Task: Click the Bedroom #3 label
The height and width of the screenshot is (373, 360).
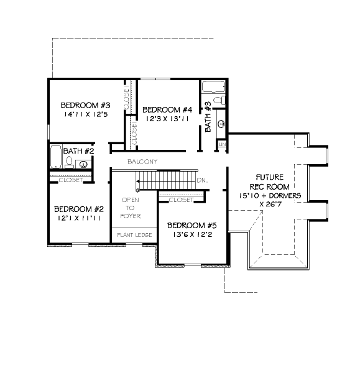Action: click(85, 106)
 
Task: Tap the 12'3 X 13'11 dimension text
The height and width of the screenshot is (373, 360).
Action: click(167, 119)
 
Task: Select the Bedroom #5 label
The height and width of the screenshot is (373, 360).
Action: click(192, 226)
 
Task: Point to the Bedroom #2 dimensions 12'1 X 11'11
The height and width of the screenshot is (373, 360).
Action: click(79, 218)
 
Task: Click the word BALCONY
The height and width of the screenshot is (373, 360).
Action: click(142, 162)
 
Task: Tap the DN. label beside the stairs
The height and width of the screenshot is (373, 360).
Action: click(202, 180)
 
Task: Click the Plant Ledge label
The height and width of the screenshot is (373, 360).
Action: click(134, 235)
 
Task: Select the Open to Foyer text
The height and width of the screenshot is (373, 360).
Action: click(131, 208)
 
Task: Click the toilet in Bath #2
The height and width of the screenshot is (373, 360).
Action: click(69, 162)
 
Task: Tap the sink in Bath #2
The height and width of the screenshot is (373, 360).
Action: click(83, 164)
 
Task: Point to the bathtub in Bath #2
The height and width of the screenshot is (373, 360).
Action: click(56, 157)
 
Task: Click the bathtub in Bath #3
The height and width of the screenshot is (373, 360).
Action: click(213, 86)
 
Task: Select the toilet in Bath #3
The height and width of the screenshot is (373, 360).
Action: click(219, 100)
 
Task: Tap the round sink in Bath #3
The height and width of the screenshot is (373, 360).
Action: click(221, 124)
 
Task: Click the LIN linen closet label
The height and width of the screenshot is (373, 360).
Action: click(222, 144)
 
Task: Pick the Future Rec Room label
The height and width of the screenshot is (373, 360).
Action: click(270, 182)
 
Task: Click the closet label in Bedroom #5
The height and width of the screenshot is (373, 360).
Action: click(181, 200)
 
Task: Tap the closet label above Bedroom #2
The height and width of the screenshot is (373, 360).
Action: click(71, 180)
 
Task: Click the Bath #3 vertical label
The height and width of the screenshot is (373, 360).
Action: click(208, 117)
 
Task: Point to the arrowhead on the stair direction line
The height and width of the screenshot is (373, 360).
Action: click(138, 182)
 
